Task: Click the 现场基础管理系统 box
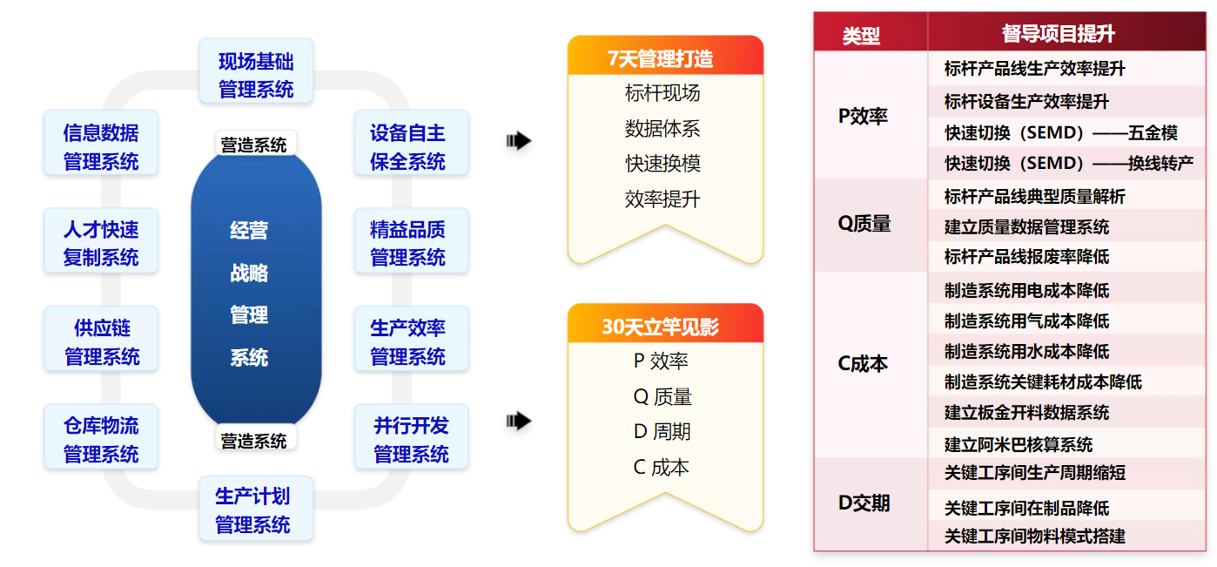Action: pyautogui.click(x=256, y=75)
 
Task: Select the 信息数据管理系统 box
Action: pyautogui.click(x=101, y=147)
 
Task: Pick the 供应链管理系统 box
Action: pyautogui.click(x=101, y=342)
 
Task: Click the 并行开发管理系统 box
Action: pyautogui.click(x=410, y=439)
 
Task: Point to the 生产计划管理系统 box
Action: pyautogui.click(x=253, y=510)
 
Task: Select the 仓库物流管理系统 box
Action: pyautogui.click(x=101, y=439)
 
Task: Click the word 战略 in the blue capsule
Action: pyautogui.click(x=249, y=273)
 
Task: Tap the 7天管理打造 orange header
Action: pyautogui.click(x=664, y=57)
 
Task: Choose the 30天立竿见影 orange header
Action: pyautogui.click(x=664, y=327)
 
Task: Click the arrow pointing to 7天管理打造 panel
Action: pyautogui.click(x=519, y=141)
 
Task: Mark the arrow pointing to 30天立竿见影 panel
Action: pyautogui.click(x=519, y=422)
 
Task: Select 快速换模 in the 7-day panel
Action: pyautogui.click(x=662, y=164)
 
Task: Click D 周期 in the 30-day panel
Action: pyautogui.click(x=662, y=432)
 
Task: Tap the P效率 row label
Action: pyautogui.click(x=863, y=116)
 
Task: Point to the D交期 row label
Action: pyautogui.click(x=863, y=503)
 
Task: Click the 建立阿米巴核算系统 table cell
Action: pyautogui.click(x=1018, y=444)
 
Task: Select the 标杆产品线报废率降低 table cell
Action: pyautogui.click(x=1026, y=257)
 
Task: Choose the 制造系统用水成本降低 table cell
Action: pyautogui.click(x=1026, y=351)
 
